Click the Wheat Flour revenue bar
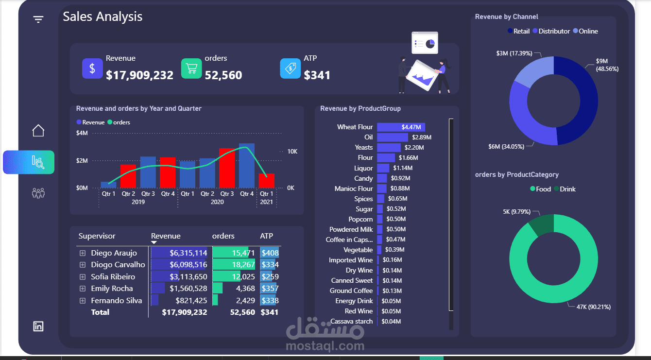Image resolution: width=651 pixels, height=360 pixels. coord(401,127)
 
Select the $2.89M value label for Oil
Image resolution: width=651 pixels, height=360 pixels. coord(422,137)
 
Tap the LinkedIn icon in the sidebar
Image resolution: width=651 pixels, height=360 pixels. coord(38,326)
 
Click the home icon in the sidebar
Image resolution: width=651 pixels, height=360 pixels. coord(38,130)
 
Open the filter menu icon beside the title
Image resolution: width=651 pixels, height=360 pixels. coord(38,19)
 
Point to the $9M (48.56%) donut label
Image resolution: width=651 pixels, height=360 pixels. coord(607,65)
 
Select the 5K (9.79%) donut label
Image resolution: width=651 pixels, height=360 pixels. coord(516,212)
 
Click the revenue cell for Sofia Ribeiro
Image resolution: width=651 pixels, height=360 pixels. coord(188,276)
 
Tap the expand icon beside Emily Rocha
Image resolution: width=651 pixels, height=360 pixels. coord(83,289)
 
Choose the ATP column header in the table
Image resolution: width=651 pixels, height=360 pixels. coord(267,236)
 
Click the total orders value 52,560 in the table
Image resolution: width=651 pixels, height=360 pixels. coord(242,312)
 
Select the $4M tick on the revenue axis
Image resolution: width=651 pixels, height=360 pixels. coord(82,133)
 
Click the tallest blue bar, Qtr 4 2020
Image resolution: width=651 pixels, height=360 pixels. coord(246,166)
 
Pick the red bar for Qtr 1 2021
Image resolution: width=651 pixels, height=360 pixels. coord(266,181)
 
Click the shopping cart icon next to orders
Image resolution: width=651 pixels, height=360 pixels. coord(191,69)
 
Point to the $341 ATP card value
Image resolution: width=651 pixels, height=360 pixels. coord(317,75)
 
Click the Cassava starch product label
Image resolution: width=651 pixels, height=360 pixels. coord(351,321)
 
